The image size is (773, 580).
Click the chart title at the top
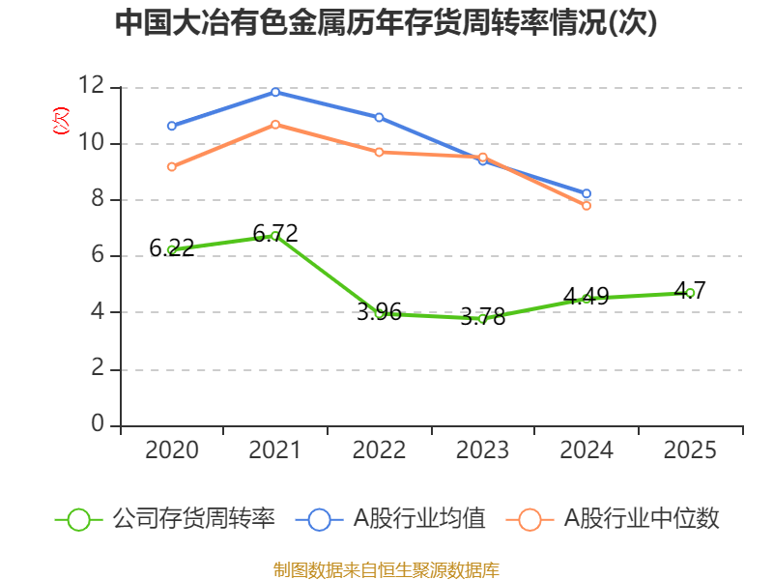386,22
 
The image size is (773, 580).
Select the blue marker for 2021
275,92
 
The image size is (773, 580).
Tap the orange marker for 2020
172,166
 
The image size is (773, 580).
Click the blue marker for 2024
587,193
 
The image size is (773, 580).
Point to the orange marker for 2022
379,152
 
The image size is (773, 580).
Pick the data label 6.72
275,233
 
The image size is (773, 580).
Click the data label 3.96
379,311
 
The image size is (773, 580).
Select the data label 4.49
587,297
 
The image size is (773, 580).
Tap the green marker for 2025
690,293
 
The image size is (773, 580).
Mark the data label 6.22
172,247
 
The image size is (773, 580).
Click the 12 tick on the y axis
91,85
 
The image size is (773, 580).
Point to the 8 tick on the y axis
98,198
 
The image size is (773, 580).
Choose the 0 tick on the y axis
98,423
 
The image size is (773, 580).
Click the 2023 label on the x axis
482,449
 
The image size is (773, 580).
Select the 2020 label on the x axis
172,449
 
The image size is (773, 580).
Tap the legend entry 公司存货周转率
165,519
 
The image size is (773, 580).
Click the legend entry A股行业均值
390,519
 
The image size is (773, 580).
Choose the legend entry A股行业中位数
613,519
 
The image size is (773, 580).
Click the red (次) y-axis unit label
61,121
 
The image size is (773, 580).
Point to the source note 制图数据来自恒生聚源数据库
386,570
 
